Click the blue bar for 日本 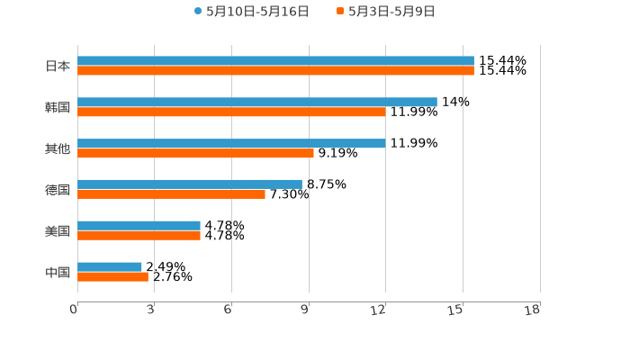click(x=275, y=60)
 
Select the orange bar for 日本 click(x=275, y=70)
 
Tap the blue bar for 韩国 click(x=257, y=102)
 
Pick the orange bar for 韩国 click(x=231, y=112)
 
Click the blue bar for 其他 click(x=231, y=143)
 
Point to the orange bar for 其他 click(x=195, y=153)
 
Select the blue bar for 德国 click(x=190, y=184)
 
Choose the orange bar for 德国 click(x=171, y=193)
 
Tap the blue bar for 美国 click(x=139, y=225)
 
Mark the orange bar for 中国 click(x=112, y=276)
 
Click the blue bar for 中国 click(x=110, y=266)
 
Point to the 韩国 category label click(x=58, y=107)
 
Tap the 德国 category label click(x=58, y=190)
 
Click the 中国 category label click(x=58, y=272)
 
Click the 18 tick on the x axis click(x=533, y=310)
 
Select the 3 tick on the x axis click(x=150, y=310)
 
